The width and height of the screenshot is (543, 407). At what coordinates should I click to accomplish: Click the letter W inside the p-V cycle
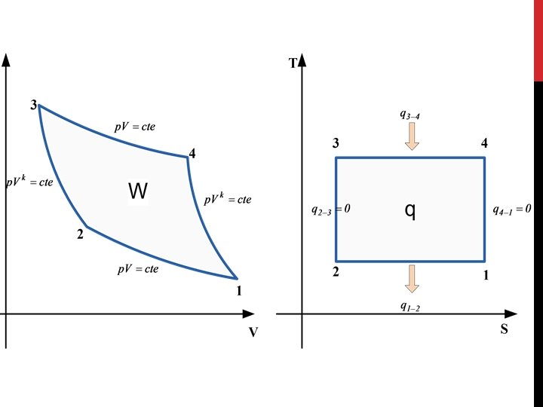(138, 192)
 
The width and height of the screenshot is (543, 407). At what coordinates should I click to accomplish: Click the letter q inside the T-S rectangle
(410, 211)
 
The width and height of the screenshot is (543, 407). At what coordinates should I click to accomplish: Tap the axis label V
(253, 332)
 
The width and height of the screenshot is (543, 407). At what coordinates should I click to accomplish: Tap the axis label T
(293, 63)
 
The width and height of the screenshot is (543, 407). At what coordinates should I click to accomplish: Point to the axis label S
(504, 329)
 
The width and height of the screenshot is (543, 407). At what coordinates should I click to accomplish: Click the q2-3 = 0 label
(330, 210)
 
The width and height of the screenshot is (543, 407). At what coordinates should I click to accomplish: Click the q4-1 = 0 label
(512, 210)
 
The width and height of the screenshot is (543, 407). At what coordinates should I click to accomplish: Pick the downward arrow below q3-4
(411, 136)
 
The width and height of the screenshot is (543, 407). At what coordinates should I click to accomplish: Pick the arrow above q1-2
(411, 278)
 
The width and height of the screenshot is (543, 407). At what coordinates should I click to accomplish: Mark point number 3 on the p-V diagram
(34, 105)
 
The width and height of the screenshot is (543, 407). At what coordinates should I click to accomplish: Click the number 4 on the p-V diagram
(193, 154)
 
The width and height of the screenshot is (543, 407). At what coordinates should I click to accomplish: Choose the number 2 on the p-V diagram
(79, 234)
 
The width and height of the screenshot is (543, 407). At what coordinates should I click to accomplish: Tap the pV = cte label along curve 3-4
(135, 127)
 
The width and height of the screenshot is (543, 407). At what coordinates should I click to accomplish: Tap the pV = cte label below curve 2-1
(138, 269)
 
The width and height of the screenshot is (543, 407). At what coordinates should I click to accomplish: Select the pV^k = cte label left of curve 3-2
(30, 183)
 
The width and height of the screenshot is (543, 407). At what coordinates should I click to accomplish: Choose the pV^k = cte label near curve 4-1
(228, 200)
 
